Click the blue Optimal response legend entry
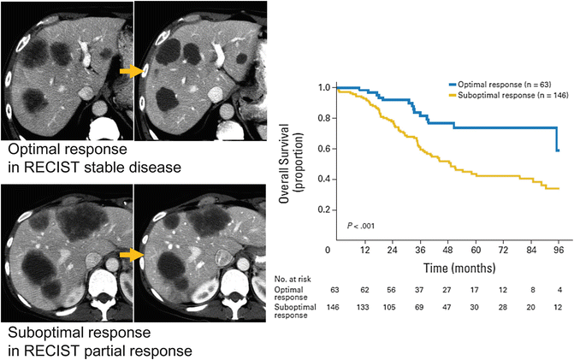(x=495, y=86)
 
